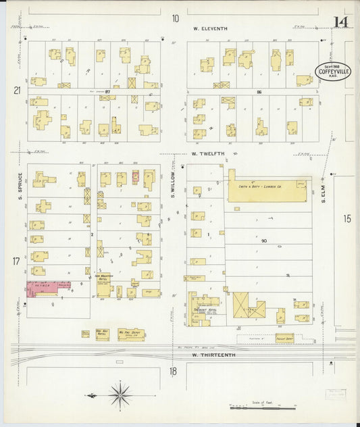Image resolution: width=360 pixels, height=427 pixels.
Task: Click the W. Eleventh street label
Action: click(x=210, y=28)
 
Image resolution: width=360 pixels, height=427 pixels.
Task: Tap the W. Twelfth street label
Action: click(x=207, y=154)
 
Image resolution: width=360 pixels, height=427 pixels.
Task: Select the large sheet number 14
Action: click(x=340, y=22)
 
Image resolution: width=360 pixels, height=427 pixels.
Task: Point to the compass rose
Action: click(x=120, y=395)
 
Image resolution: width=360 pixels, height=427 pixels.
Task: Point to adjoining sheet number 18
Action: click(x=173, y=371)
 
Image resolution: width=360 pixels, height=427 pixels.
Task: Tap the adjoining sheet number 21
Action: click(x=17, y=89)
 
